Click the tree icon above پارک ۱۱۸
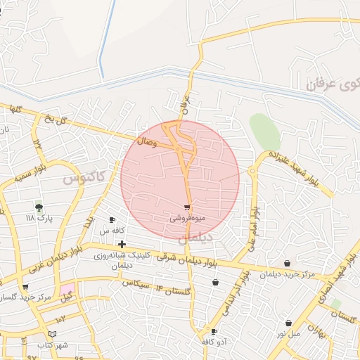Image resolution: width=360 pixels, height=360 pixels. (x=39, y=207)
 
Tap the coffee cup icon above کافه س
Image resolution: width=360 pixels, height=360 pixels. (x=112, y=220)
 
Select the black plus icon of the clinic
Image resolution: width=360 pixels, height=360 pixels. (x=122, y=243)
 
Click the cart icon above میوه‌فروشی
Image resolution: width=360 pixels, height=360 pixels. (x=186, y=207)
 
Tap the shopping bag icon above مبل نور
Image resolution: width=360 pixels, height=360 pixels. (x=288, y=323)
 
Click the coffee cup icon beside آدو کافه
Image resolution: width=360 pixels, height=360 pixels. (x=214, y=331)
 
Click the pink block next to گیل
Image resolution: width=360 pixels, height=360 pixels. (x=67, y=289)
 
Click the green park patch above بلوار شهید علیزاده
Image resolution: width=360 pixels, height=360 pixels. (x=265, y=131)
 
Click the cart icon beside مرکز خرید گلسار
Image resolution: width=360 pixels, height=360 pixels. (x=26, y=287)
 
